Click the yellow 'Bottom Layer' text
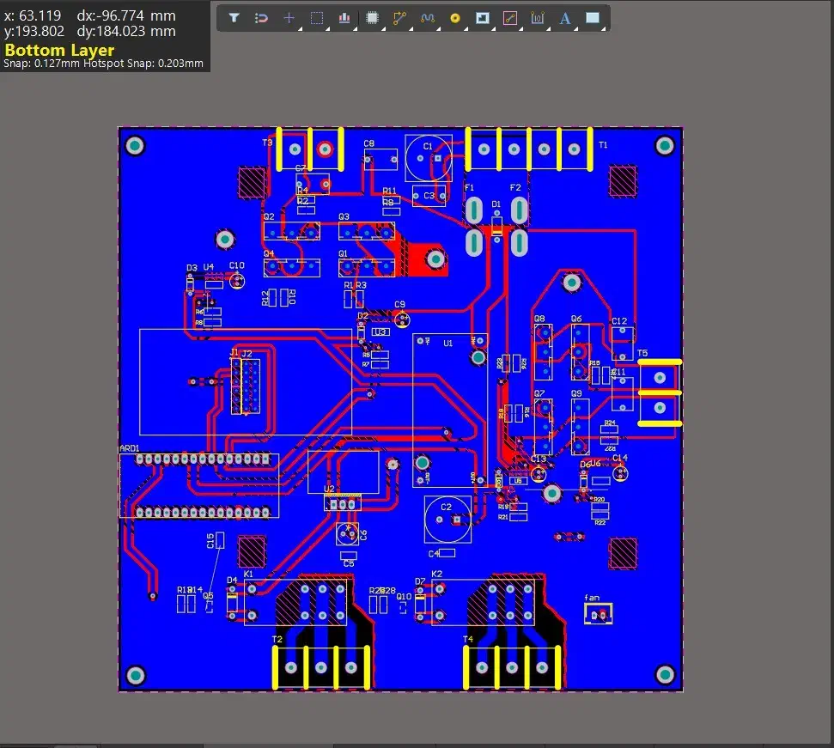coord(59,50)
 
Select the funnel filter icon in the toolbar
coord(234,18)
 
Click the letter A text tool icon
coord(565,18)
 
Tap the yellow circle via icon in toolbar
coord(455,18)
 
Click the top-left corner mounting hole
coord(135,146)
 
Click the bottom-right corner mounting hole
coord(664,673)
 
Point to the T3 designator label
coord(267,142)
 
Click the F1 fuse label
coord(469,187)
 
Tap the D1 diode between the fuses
coord(496,226)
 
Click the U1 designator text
coord(447,343)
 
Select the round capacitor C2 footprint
coord(447,519)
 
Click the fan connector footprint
coord(599,614)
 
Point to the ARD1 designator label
coord(129,448)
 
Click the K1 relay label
coord(248,573)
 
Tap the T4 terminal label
coord(468,639)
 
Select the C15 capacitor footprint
coord(220,540)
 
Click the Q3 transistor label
coord(344,217)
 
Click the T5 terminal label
coord(642,353)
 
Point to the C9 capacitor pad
coord(400,318)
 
